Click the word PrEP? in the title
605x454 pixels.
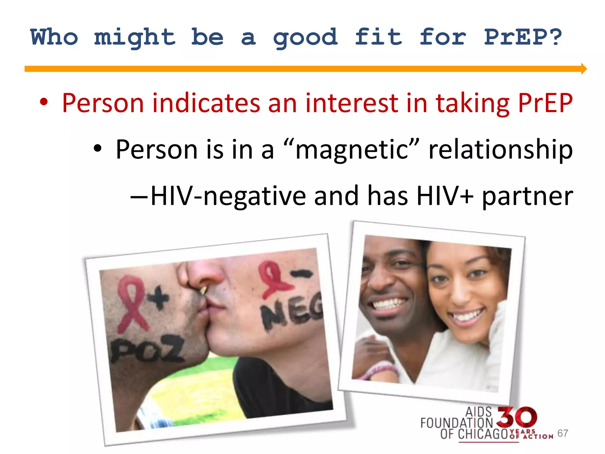[523, 37]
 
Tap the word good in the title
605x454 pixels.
[305, 38]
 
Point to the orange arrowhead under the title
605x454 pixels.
[583, 69]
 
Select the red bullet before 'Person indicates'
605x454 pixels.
[44, 103]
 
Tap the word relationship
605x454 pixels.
[500, 150]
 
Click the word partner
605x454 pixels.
[527, 197]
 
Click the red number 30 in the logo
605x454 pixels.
[517, 417]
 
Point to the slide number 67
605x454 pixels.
[562, 433]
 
